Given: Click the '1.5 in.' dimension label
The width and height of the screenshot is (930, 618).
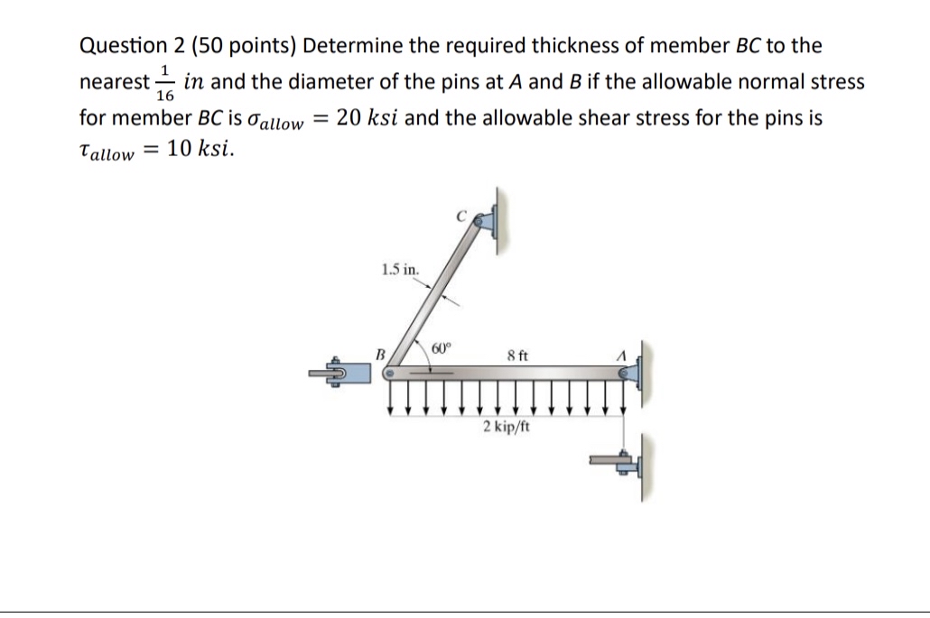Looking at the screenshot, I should coord(399,268).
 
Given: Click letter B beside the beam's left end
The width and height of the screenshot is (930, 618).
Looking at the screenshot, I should coord(380,355).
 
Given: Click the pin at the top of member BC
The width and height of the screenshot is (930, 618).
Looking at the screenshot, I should coord(481,219).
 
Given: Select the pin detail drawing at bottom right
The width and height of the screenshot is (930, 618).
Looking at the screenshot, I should coord(623,463).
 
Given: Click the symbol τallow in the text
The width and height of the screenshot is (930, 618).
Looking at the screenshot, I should coord(107,152).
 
